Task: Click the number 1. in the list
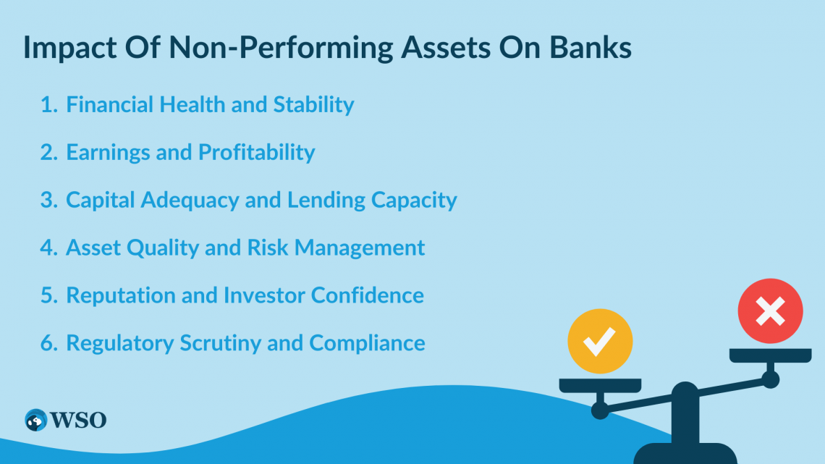48,105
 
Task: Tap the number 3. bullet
48,201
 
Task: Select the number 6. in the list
48,343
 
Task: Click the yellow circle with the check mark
600,341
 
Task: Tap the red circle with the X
770,312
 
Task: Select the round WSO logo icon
35,420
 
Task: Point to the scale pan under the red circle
770,355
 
